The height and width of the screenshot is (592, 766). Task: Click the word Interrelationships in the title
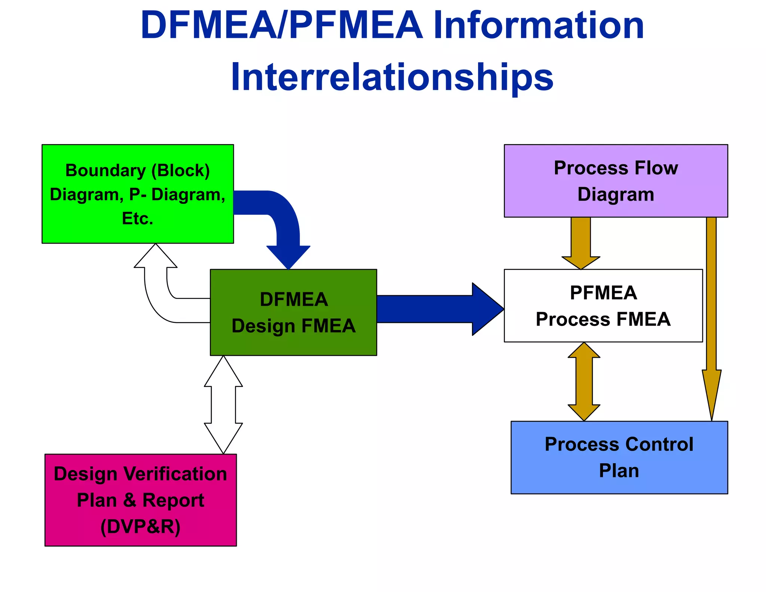point(392,77)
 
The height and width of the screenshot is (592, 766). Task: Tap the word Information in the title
point(539,25)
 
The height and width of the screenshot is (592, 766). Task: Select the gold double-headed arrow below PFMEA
point(584,382)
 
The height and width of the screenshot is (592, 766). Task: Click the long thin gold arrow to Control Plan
point(711,318)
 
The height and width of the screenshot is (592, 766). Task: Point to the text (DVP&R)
point(141,527)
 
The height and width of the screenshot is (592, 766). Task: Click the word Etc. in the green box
point(138,219)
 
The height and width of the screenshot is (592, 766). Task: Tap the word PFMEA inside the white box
point(603,293)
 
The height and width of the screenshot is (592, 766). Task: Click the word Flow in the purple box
point(657,168)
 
